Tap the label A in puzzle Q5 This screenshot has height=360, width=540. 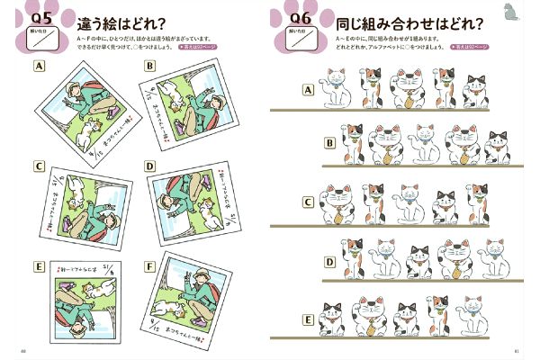40,67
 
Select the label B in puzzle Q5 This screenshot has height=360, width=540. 149,66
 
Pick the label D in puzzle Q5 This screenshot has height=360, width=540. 149,166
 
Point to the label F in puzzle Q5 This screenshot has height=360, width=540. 149,265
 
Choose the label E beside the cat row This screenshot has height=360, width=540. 308,319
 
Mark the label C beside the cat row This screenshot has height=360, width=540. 308,202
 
